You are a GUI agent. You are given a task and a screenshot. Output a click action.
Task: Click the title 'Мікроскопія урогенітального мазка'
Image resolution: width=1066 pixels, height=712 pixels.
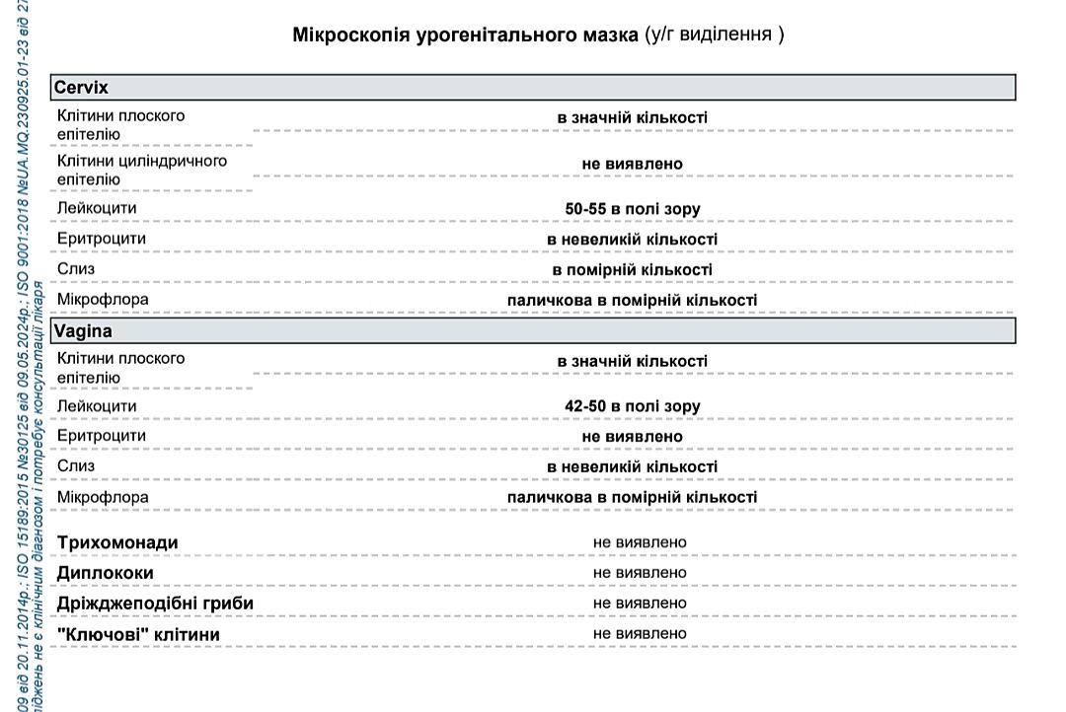(x=466, y=36)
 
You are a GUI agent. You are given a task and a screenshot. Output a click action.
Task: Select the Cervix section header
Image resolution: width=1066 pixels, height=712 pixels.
(x=81, y=87)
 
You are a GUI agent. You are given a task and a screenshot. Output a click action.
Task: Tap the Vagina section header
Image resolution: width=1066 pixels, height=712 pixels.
(x=83, y=330)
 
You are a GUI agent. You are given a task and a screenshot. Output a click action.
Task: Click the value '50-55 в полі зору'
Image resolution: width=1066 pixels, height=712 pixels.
(x=632, y=209)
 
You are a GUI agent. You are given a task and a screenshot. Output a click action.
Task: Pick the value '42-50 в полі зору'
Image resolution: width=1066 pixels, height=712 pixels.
(x=632, y=406)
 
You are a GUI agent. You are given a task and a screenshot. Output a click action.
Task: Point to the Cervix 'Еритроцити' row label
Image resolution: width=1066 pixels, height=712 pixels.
(x=102, y=239)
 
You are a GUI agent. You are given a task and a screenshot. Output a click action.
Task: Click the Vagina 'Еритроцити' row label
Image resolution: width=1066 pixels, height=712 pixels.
(x=102, y=436)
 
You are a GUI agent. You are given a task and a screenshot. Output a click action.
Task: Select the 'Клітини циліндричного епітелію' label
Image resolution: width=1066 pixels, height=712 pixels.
(x=141, y=170)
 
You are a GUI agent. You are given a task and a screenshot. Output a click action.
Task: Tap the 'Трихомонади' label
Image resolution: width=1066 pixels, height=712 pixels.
(x=117, y=543)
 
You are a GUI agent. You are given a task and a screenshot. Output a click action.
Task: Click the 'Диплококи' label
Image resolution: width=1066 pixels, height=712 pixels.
(x=106, y=573)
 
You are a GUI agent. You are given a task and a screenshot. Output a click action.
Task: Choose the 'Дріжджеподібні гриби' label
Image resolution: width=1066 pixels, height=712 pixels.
(x=155, y=603)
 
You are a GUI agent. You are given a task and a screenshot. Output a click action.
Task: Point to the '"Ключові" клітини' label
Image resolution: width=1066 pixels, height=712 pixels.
(x=138, y=634)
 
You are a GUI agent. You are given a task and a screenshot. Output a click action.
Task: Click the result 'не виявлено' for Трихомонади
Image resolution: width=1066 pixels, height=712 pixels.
(x=640, y=542)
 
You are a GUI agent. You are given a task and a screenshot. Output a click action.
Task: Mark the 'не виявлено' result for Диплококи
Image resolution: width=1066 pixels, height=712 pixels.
(x=640, y=572)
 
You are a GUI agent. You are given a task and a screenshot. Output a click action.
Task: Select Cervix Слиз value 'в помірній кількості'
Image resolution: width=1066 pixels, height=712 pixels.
(x=632, y=269)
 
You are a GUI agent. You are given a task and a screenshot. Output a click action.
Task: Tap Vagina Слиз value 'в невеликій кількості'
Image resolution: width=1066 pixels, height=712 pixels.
(x=632, y=466)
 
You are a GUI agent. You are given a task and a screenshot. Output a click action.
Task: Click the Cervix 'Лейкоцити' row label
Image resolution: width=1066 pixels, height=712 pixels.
(x=97, y=209)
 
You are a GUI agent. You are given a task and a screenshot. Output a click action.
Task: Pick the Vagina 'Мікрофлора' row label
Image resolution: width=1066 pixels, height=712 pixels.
(x=103, y=497)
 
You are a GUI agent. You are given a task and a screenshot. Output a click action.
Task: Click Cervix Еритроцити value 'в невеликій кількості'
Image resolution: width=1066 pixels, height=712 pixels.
(x=632, y=240)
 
